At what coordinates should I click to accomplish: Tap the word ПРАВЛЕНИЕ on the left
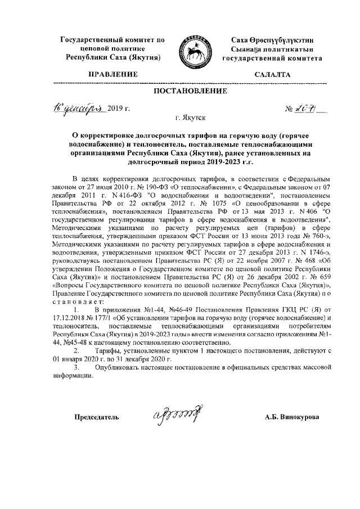pos(113,74)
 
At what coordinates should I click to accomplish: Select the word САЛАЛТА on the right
pos(272,74)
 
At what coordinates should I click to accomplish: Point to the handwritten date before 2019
pos(83,107)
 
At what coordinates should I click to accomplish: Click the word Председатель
pos(97,417)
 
